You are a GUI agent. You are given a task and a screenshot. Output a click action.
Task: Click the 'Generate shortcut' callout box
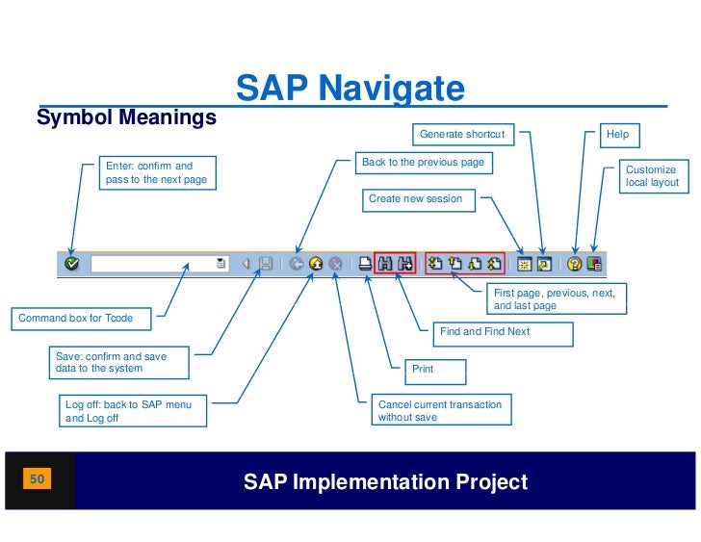[x=465, y=135]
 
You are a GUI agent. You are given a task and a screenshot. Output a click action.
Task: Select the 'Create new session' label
[x=421, y=199]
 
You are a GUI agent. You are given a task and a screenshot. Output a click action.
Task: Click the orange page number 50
[x=39, y=478]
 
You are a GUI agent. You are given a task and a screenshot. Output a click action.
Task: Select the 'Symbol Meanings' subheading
[x=126, y=118]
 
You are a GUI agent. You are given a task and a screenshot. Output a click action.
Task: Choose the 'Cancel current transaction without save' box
[x=441, y=411]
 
